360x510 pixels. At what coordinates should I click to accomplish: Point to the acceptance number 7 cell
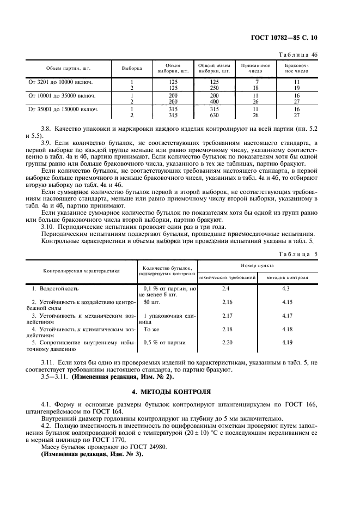255,82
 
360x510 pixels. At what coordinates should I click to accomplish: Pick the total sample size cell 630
214,115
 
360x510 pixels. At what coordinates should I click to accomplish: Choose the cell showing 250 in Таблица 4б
214,88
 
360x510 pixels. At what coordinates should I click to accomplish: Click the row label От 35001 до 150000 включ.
63,109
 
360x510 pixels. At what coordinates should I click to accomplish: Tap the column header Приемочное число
255,68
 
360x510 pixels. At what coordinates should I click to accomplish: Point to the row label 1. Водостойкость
55,288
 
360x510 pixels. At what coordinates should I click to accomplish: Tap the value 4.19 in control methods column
288,343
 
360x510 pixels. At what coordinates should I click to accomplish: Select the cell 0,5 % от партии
164,343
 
